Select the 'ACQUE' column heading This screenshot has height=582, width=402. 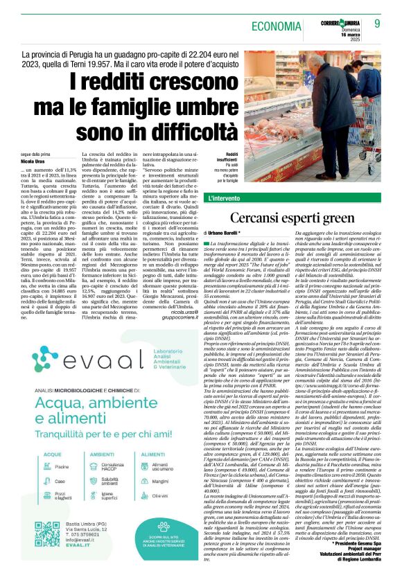click(33, 456)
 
